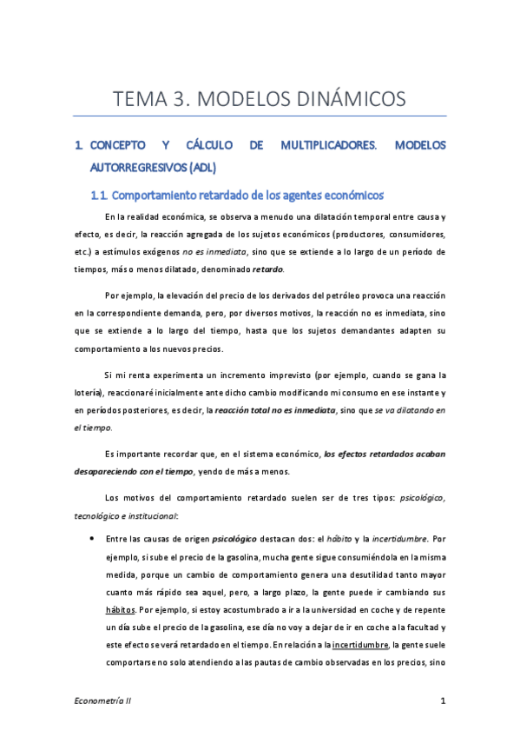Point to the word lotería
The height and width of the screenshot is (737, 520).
point(90,393)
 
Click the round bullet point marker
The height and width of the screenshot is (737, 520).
point(93,538)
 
